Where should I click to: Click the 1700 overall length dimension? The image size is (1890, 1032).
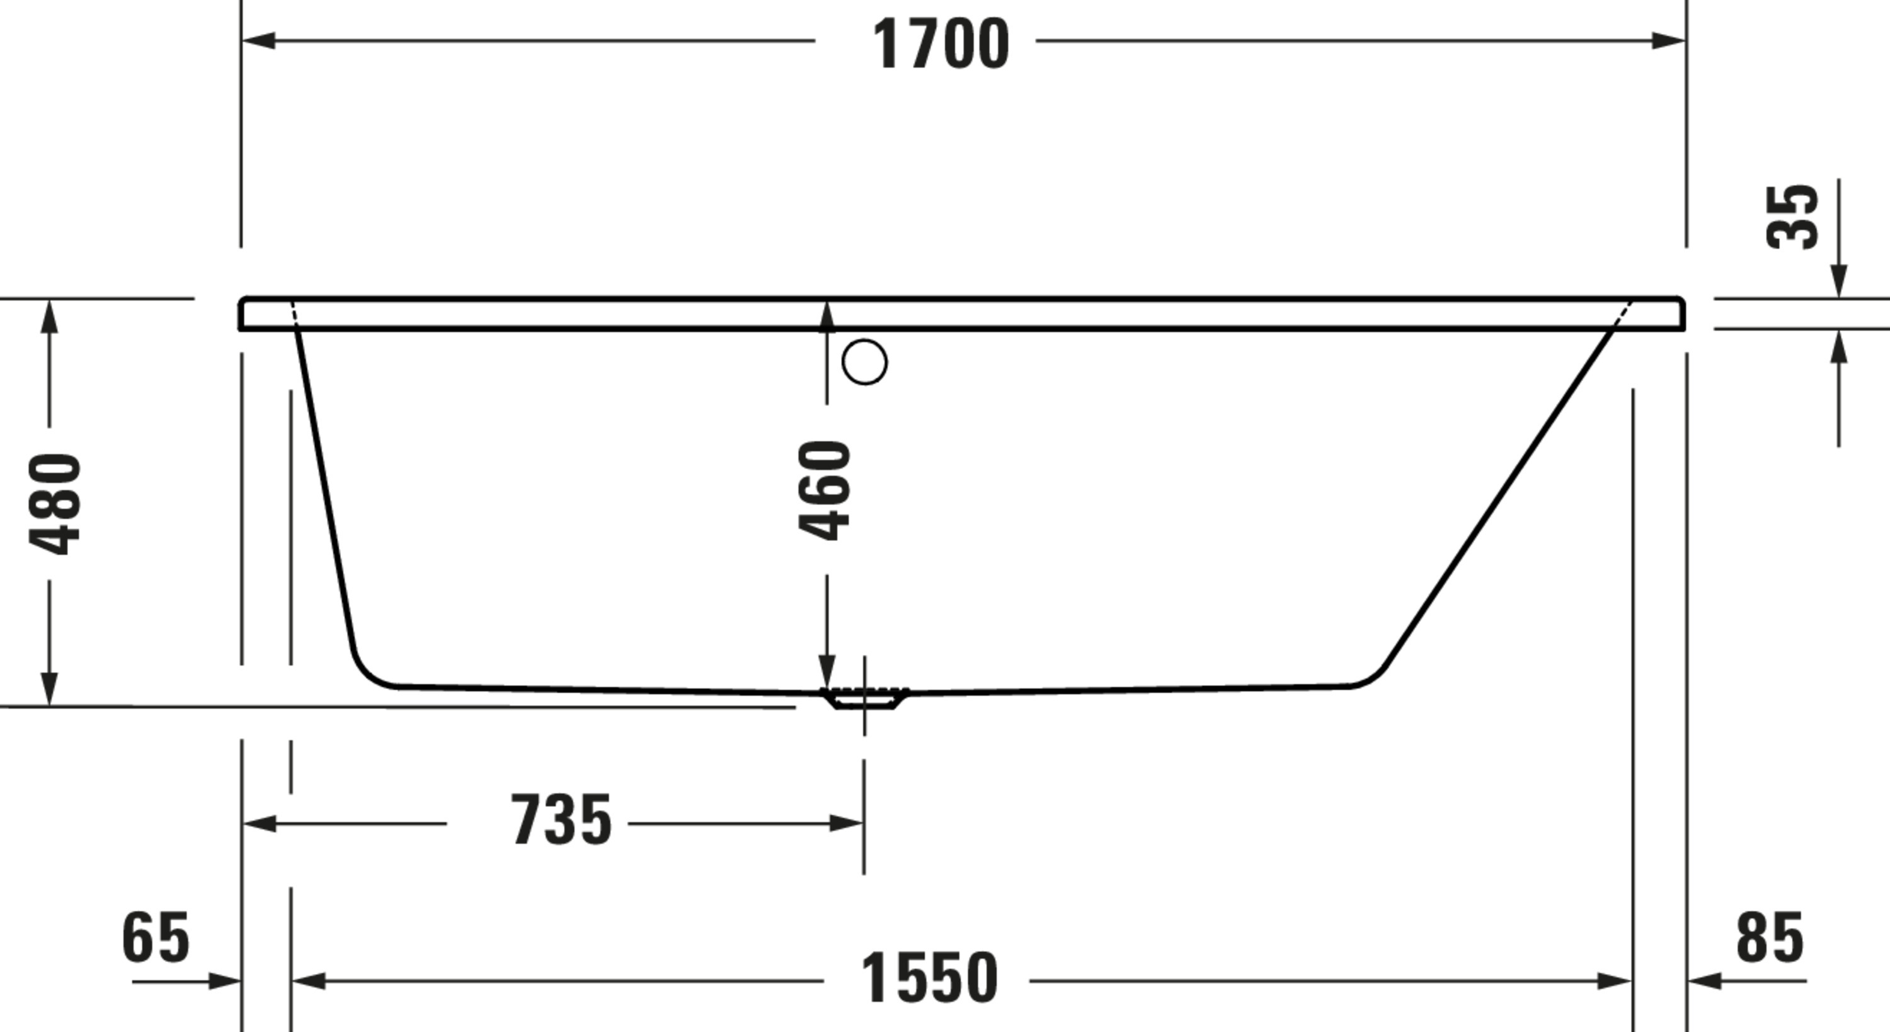pyautogui.click(x=941, y=44)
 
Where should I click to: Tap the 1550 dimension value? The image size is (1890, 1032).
pyautogui.click(x=929, y=978)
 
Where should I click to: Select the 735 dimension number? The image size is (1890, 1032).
pyautogui.click(x=561, y=820)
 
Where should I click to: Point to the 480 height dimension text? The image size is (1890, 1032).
pyautogui.click(x=54, y=504)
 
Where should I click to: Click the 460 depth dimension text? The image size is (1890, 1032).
pyautogui.click(x=825, y=490)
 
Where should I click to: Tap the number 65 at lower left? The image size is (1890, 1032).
pyautogui.click(x=156, y=937)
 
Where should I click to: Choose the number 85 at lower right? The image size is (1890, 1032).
pyautogui.click(x=1770, y=937)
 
